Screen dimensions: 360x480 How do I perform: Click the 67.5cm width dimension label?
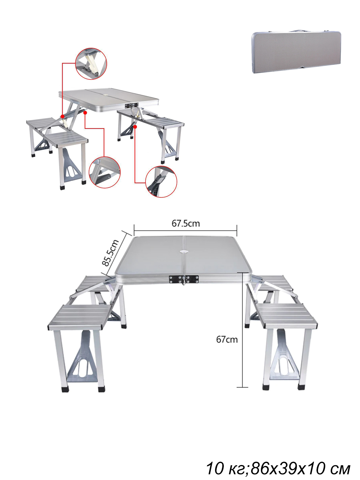point(186,223)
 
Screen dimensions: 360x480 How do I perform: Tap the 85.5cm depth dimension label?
point(111,253)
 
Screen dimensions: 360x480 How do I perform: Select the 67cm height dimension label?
point(227,339)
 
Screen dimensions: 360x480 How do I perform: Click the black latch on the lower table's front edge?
point(184,279)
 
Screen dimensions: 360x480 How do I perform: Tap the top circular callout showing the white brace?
point(91,64)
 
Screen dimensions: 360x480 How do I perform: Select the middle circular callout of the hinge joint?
point(104,172)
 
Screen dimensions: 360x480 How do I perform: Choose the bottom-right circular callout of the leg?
point(161,182)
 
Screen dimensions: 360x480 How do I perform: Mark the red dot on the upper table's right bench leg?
point(135,127)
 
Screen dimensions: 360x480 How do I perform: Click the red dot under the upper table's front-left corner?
point(85,112)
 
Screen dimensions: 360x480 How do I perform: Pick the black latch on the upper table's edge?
point(132,105)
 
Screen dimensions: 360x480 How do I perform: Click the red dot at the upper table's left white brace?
point(62,116)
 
